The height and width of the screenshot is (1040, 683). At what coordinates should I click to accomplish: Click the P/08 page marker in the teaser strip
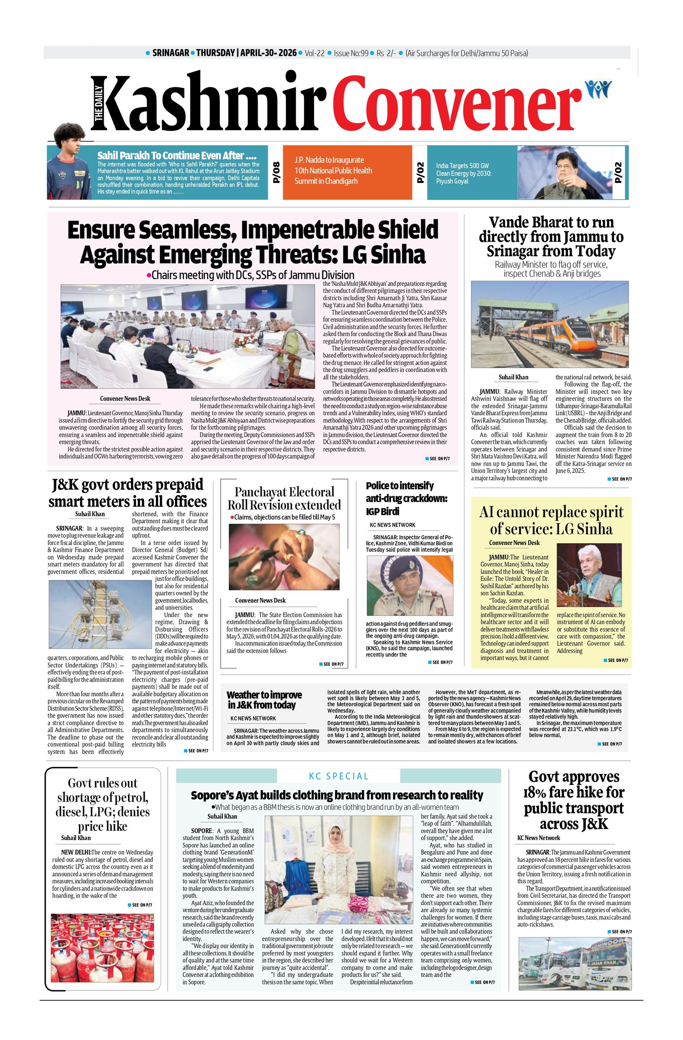point(276,172)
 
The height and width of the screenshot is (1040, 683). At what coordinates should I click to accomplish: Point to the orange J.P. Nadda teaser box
point(347,172)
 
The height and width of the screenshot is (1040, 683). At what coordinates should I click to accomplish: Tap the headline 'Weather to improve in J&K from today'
point(264,700)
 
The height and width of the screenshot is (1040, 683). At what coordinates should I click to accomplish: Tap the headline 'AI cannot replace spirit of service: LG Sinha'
point(551,520)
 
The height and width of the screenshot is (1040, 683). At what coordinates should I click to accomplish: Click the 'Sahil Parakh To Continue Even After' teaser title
point(176,155)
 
